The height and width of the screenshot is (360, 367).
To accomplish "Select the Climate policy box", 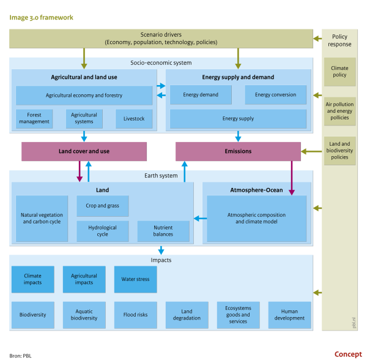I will tap(339, 72).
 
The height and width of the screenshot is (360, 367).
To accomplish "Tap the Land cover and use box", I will tap(84, 151).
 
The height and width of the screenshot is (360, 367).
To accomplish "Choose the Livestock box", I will tap(134, 119).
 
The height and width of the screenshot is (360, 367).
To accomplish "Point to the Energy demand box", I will tap(201, 95).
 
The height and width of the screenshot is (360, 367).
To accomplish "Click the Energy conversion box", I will tap(275, 95).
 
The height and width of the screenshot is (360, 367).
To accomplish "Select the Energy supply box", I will tap(238, 119).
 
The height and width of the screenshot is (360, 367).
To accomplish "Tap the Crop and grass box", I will tap(103, 206).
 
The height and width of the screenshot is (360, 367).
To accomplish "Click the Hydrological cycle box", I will tap(103, 231).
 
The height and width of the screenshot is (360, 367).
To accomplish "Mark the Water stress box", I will tap(136, 279).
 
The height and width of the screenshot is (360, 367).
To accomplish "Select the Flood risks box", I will tap(136, 315).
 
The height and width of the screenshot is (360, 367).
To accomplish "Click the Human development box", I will tap(290, 315).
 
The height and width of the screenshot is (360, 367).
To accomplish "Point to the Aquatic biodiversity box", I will tap(84, 315).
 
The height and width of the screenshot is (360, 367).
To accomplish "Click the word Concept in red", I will tap(348, 354).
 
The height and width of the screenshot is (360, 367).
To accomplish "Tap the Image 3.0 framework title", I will tap(41, 17).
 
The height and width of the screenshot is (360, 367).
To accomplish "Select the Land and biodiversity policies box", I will tap(339, 151).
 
